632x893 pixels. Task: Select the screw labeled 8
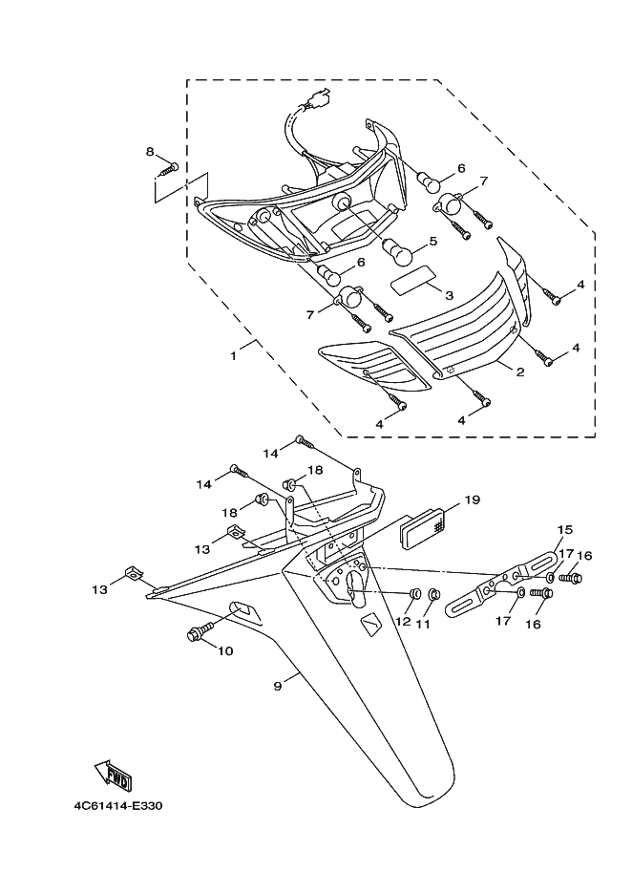point(170,168)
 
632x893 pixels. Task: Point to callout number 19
point(472,500)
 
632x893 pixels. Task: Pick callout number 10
point(225,650)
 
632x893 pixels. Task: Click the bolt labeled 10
point(200,630)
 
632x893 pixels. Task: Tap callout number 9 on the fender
point(277,687)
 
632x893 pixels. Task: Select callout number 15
point(564,530)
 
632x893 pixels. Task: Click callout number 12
point(403,621)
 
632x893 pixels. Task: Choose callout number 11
point(423,624)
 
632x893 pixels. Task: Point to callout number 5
point(433,242)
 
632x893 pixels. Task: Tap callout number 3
point(450,295)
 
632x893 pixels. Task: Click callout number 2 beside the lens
point(520,373)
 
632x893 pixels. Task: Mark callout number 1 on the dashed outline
point(233,356)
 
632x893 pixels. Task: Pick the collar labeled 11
point(432,595)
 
